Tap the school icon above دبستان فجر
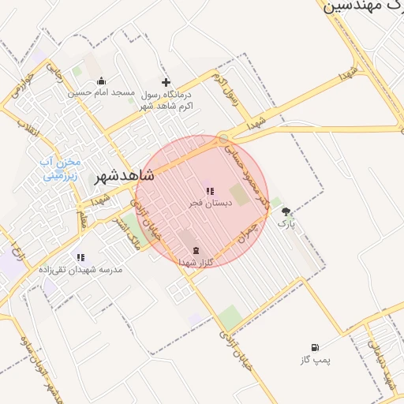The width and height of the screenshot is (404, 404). [209, 190]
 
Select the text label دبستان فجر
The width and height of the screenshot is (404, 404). [207, 203]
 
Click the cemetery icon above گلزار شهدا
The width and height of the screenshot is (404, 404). [195, 251]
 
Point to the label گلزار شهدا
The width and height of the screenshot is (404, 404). [197, 263]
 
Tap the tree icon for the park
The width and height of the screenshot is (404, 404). [286, 211]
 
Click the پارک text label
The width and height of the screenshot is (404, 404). [286, 224]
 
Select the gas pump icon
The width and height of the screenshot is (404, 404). [316, 347]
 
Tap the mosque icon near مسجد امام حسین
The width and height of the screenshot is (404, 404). [101, 80]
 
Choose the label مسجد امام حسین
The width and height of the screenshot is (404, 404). [102, 93]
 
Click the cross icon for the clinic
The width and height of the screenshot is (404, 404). [166, 82]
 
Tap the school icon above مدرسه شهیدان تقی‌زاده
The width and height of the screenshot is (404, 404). [80, 257]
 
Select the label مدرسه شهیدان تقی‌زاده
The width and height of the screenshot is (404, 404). [81, 270]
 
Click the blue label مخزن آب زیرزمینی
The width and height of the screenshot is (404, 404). [58, 169]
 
